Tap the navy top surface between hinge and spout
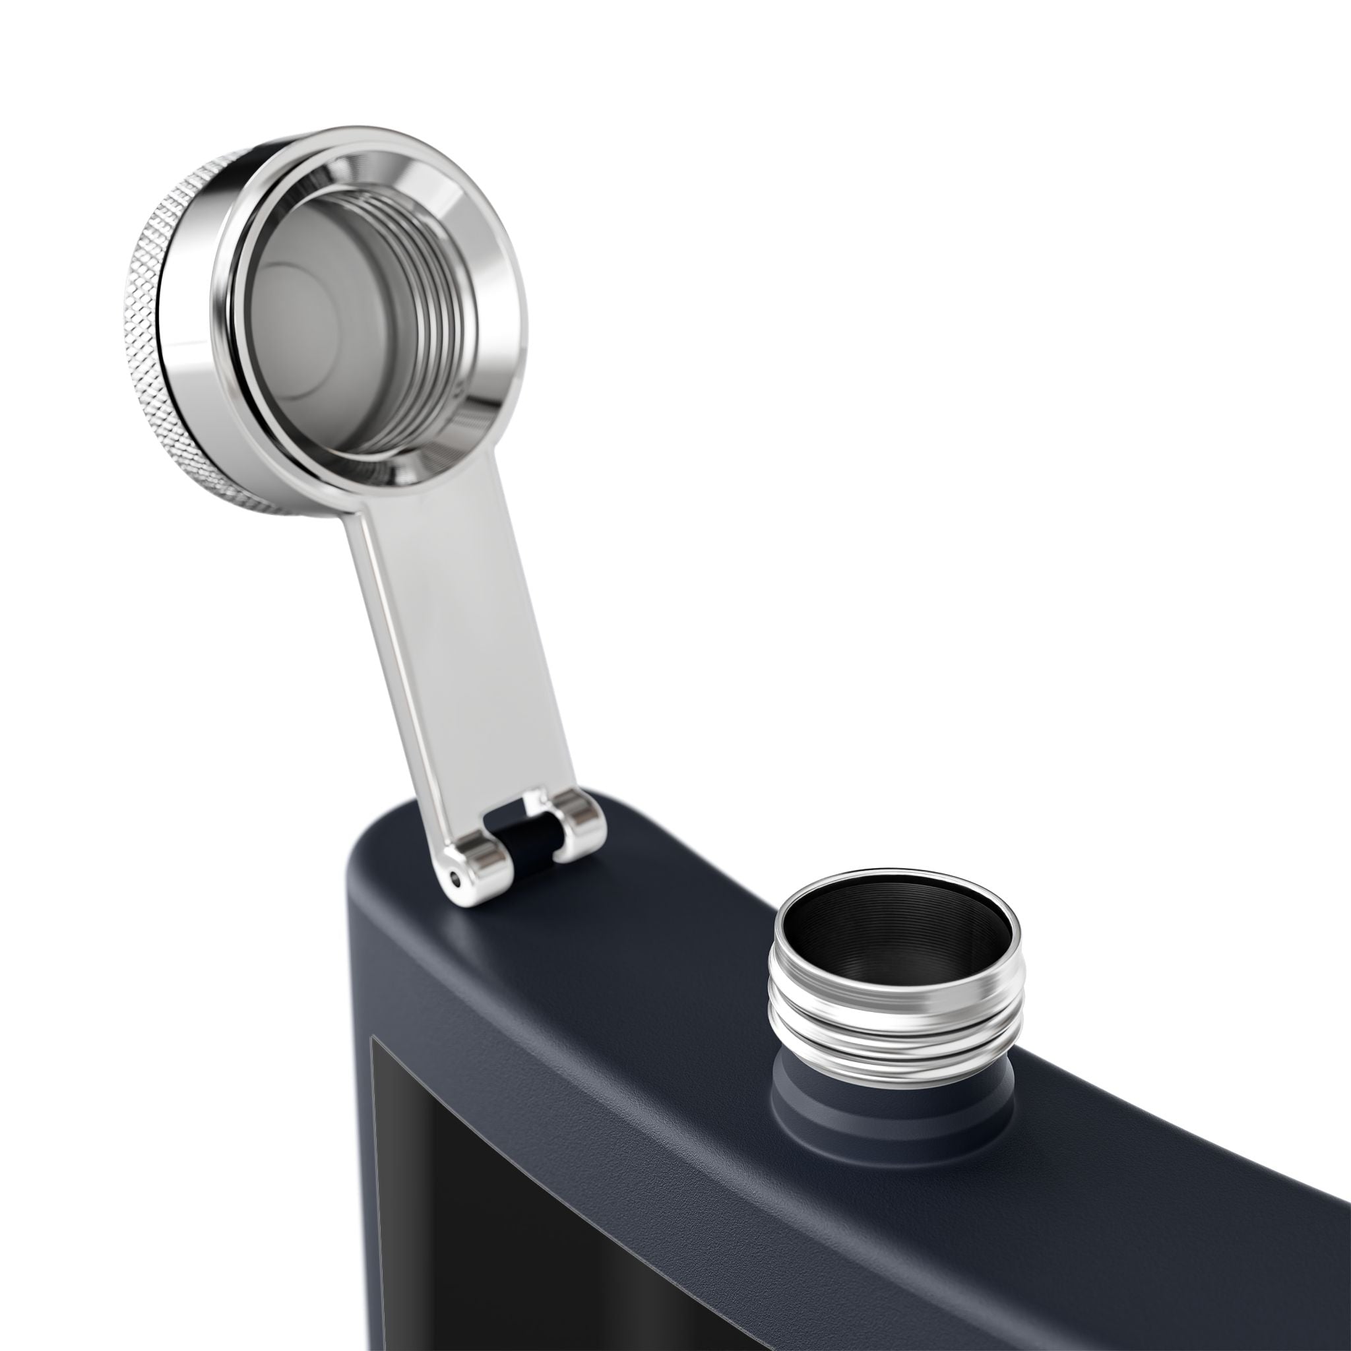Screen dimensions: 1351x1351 [x=664, y=909]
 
